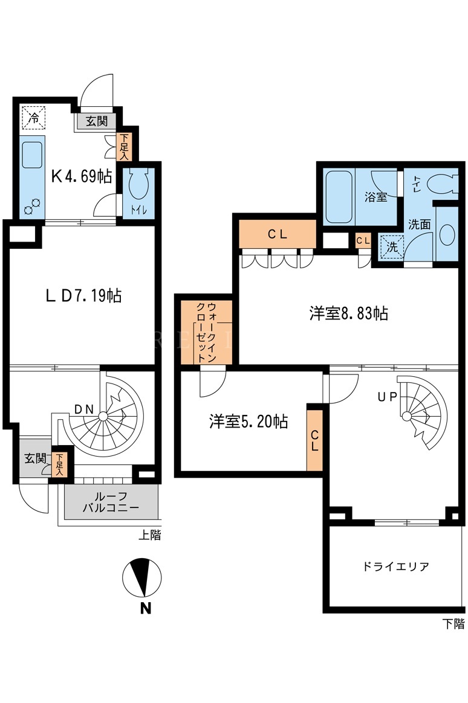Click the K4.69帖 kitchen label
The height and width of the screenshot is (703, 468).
click(x=81, y=176)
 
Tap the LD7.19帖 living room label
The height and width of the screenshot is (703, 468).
click(x=84, y=295)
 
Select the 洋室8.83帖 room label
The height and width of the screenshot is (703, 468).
click(x=348, y=313)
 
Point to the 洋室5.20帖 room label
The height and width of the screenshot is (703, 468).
click(x=248, y=422)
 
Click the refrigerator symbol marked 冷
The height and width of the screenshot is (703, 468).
click(x=33, y=117)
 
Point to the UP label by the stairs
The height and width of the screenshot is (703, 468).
click(x=387, y=397)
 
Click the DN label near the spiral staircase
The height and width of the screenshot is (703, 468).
click(x=84, y=409)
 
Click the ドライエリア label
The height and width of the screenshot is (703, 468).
click(x=395, y=567)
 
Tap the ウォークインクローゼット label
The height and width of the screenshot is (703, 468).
click(x=206, y=332)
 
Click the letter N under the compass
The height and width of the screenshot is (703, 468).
click(x=145, y=608)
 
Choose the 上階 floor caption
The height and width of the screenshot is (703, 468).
click(x=149, y=535)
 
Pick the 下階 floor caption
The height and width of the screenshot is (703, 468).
click(x=453, y=624)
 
